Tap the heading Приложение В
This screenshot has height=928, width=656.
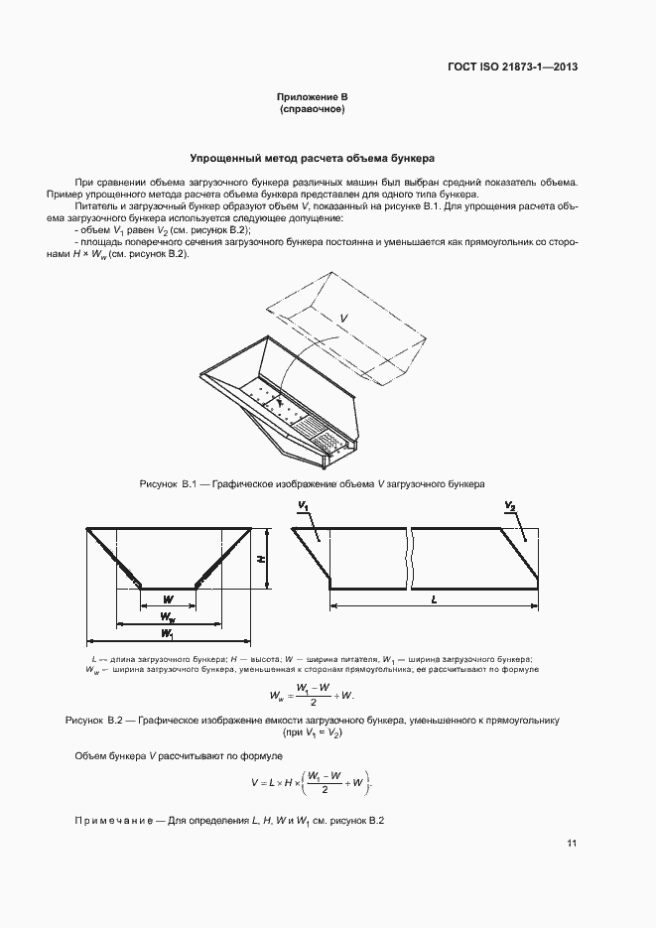click(x=312, y=96)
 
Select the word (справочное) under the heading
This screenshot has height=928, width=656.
click(x=312, y=109)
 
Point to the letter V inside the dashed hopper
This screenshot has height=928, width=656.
click(x=343, y=317)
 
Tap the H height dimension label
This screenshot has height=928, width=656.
click(x=262, y=559)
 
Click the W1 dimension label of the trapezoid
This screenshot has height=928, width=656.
click(x=168, y=633)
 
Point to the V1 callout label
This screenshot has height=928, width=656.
click(x=303, y=507)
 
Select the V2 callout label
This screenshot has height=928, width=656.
click(x=509, y=507)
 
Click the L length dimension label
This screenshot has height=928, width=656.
click(x=436, y=601)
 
